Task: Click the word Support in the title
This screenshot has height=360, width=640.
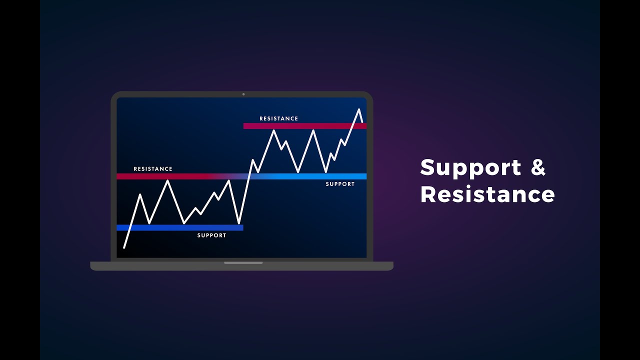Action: [x=470, y=167]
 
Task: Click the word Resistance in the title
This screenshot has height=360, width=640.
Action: [x=487, y=194]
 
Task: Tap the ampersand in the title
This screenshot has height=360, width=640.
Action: [x=538, y=167]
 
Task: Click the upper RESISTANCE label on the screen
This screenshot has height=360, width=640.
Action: [x=278, y=118]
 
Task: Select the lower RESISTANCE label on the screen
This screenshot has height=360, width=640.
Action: [x=153, y=169]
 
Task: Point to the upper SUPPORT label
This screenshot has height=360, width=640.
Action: [x=340, y=184]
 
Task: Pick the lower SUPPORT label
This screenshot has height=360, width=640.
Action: [x=211, y=235]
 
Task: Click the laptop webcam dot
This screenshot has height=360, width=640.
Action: [x=243, y=94]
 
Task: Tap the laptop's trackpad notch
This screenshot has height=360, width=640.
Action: [x=243, y=262]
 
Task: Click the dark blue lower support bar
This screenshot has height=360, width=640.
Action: [x=180, y=227]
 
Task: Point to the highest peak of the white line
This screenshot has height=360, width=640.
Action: [x=358, y=109]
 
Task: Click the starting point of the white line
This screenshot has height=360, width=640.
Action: [x=124, y=247]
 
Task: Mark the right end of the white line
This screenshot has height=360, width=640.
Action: [x=362, y=121]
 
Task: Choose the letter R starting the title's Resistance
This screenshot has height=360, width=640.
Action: [x=428, y=194]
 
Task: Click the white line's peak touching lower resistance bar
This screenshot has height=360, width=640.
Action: [x=168, y=180]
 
